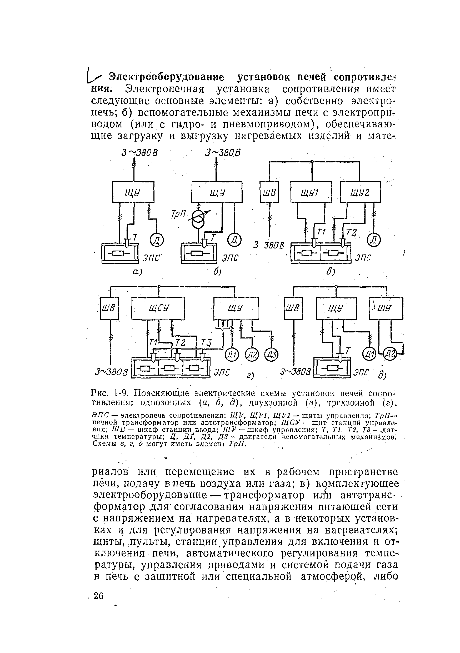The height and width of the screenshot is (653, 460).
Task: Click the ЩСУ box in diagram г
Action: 158,308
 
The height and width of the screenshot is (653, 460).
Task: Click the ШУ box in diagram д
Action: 386,308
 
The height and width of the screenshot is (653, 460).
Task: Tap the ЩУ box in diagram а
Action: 133,192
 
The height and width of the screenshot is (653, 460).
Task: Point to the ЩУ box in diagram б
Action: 217,192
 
